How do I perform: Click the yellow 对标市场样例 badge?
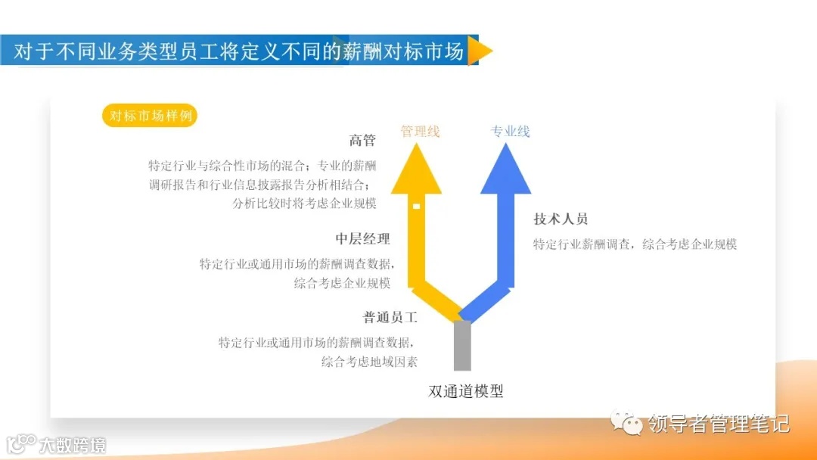[x=149, y=116]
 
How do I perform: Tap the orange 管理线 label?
[x=420, y=131]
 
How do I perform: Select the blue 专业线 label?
[x=510, y=131]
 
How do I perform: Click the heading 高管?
[x=362, y=141]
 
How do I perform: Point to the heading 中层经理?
[x=362, y=239]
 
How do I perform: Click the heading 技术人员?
[x=561, y=219]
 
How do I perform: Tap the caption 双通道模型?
[x=465, y=391]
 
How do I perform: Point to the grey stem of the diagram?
[x=462, y=346]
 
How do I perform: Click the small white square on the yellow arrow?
[x=416, y=206]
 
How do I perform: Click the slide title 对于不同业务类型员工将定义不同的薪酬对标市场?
[x=239, y=51]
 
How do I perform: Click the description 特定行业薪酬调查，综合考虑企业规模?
[x=635, y=244]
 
